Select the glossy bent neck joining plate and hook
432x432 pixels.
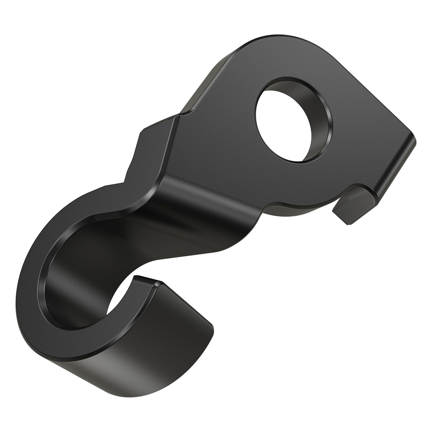pos(189,205)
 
